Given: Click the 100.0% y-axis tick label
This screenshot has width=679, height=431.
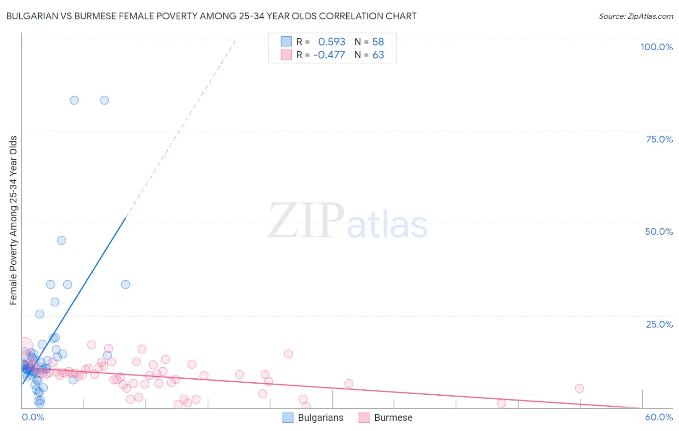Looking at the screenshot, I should click(x=656, y=47).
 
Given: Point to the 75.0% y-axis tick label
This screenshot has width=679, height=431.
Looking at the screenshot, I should click(x=659, y=139).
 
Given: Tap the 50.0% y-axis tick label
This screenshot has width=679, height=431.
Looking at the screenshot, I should click(x=659, y=231).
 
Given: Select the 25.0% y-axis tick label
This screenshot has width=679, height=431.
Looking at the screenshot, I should click(x=659, y=324).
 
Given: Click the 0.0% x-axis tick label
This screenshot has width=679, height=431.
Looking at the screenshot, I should click(x=33, y=417).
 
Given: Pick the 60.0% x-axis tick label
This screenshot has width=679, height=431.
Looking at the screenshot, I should click(x=659, y=417).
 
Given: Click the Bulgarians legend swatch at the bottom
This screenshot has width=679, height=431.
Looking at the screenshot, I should click(x=288, y=417).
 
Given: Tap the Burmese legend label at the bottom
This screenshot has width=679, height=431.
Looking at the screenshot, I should click(x=393, y=417).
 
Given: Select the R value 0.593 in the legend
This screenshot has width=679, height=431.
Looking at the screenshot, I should click(x=331, y=42).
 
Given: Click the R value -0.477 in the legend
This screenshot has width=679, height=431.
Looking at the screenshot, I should click(x=329, y=55).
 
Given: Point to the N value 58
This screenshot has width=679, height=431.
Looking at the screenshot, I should click(x=378, y=42).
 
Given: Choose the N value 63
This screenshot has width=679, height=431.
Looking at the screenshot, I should click(x=378, y=55).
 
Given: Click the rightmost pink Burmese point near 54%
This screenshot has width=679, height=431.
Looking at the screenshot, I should click(x=580, y=388).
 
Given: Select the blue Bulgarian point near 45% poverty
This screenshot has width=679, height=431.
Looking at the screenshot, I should click(x=61, y=240).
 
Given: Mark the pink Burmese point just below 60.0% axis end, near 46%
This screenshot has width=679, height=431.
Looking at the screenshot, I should click(x=501, y=403).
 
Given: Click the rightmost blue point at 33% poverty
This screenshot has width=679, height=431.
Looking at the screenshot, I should click(x=126, y=284).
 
